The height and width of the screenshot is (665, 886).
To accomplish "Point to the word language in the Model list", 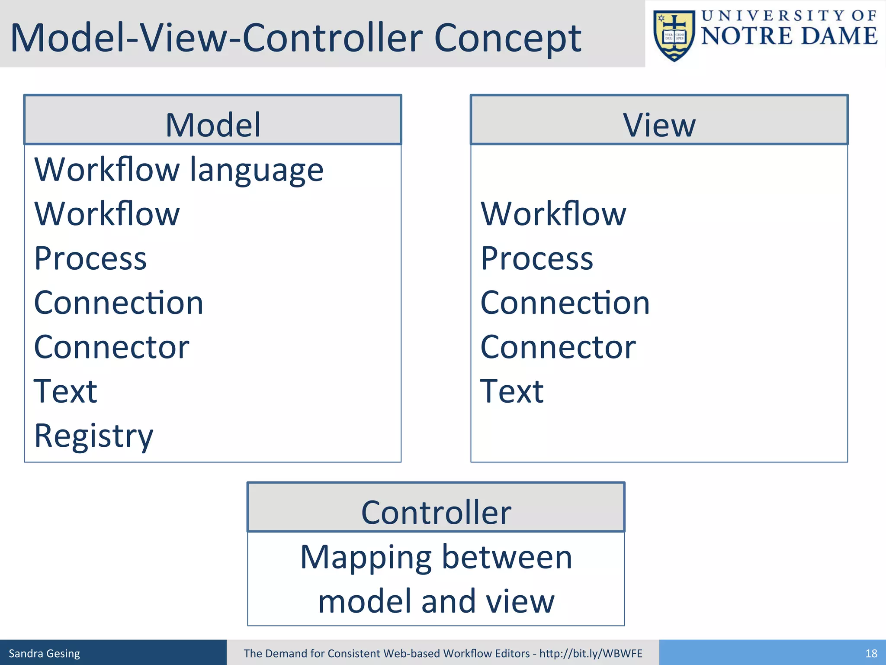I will pyautogui.click(x=257, y=171).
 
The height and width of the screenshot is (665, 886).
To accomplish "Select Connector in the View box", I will pyautogui.click(x=558, y=347).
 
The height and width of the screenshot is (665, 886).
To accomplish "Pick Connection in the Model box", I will pyautogui.click(x=119, y=303).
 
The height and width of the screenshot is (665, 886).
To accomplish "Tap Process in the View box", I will pyautogui.click(x=536, y=258).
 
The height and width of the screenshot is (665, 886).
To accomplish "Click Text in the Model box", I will pyautogui.click(x=65, y=391).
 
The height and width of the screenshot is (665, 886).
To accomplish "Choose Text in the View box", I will pyautogui.click(x=512, y=391).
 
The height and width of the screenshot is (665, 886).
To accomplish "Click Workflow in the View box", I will pyautogui.click(x=553, y=214).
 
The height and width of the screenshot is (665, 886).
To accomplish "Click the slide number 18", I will pyautogui.click(x=871, y=653).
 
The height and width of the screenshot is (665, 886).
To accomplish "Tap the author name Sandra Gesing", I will pyautogui.click(x=45, y=653).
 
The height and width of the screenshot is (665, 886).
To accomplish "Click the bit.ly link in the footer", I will pyautogui.click(x=591, y=653).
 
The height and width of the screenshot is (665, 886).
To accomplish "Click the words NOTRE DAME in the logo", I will pyautogui.click(x=789, y=36).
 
